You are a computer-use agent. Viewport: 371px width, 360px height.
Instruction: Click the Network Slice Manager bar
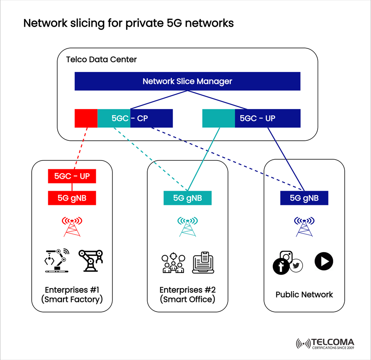coord(187,81)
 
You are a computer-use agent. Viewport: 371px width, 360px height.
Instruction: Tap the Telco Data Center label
coord(101,60)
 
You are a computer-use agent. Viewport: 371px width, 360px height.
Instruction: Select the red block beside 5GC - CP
coord(86,118)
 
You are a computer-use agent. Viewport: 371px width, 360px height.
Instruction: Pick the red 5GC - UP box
coord(72,176)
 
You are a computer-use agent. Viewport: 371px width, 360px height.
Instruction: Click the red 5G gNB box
coord(72,198)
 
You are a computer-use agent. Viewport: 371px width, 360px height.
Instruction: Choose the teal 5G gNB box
coord(187,198)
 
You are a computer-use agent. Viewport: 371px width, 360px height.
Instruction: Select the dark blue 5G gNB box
coord(304,198)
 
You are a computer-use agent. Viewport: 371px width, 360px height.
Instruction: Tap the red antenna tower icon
coord(72,226)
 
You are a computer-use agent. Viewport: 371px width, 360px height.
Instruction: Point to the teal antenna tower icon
coord(187,226)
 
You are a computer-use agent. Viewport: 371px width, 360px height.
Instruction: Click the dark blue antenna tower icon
coord(304,226)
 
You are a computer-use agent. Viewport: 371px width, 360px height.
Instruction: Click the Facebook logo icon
coord(281,267)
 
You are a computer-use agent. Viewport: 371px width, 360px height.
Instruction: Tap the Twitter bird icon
coord(296,266)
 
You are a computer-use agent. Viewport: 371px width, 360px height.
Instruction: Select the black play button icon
coord(324,261)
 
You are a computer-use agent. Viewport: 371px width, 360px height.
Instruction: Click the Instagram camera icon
coord(286,256)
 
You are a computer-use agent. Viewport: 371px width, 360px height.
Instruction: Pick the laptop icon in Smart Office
coord(203,263)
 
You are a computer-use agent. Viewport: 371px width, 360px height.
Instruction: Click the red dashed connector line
coord(82,148)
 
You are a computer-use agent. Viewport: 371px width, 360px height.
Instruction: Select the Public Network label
coord(304,295)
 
